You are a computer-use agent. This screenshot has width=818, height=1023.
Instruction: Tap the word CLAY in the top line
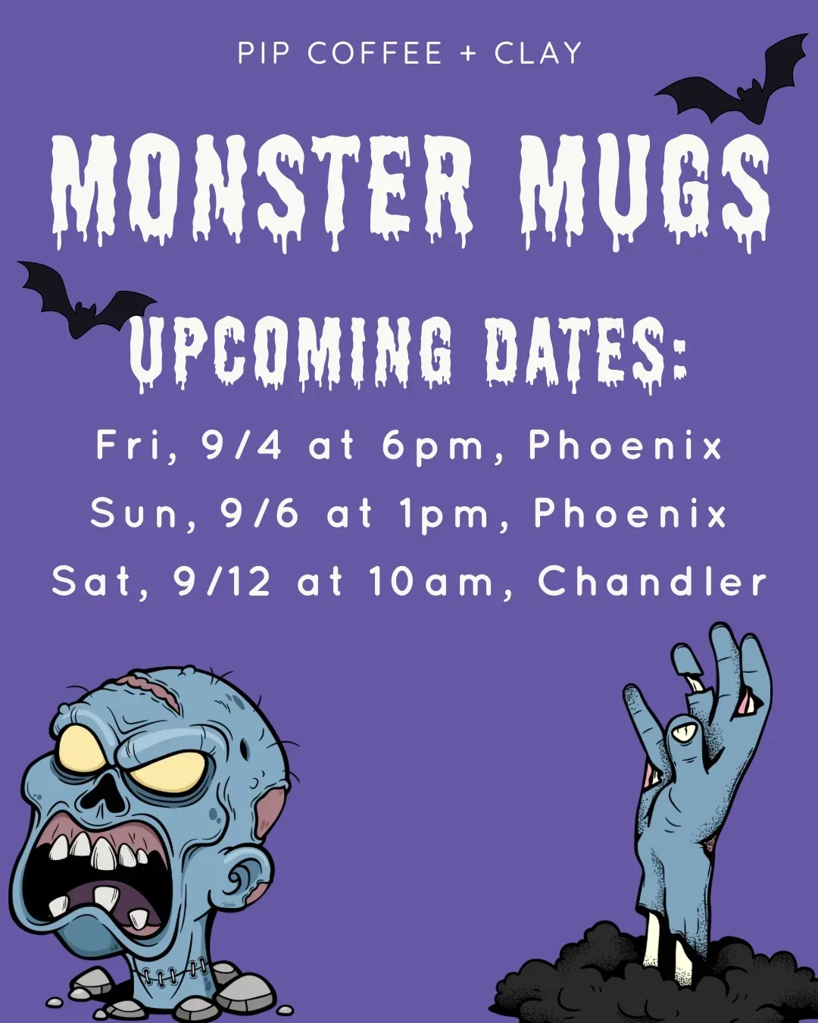click(538, 52)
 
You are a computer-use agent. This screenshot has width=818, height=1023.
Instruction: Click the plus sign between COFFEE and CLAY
click(468, 53)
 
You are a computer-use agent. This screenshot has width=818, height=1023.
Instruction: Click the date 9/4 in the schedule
click(241, 446)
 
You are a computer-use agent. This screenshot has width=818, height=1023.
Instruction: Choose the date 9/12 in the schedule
click(222, 582)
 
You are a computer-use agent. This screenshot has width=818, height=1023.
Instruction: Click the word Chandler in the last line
click(652, 581)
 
